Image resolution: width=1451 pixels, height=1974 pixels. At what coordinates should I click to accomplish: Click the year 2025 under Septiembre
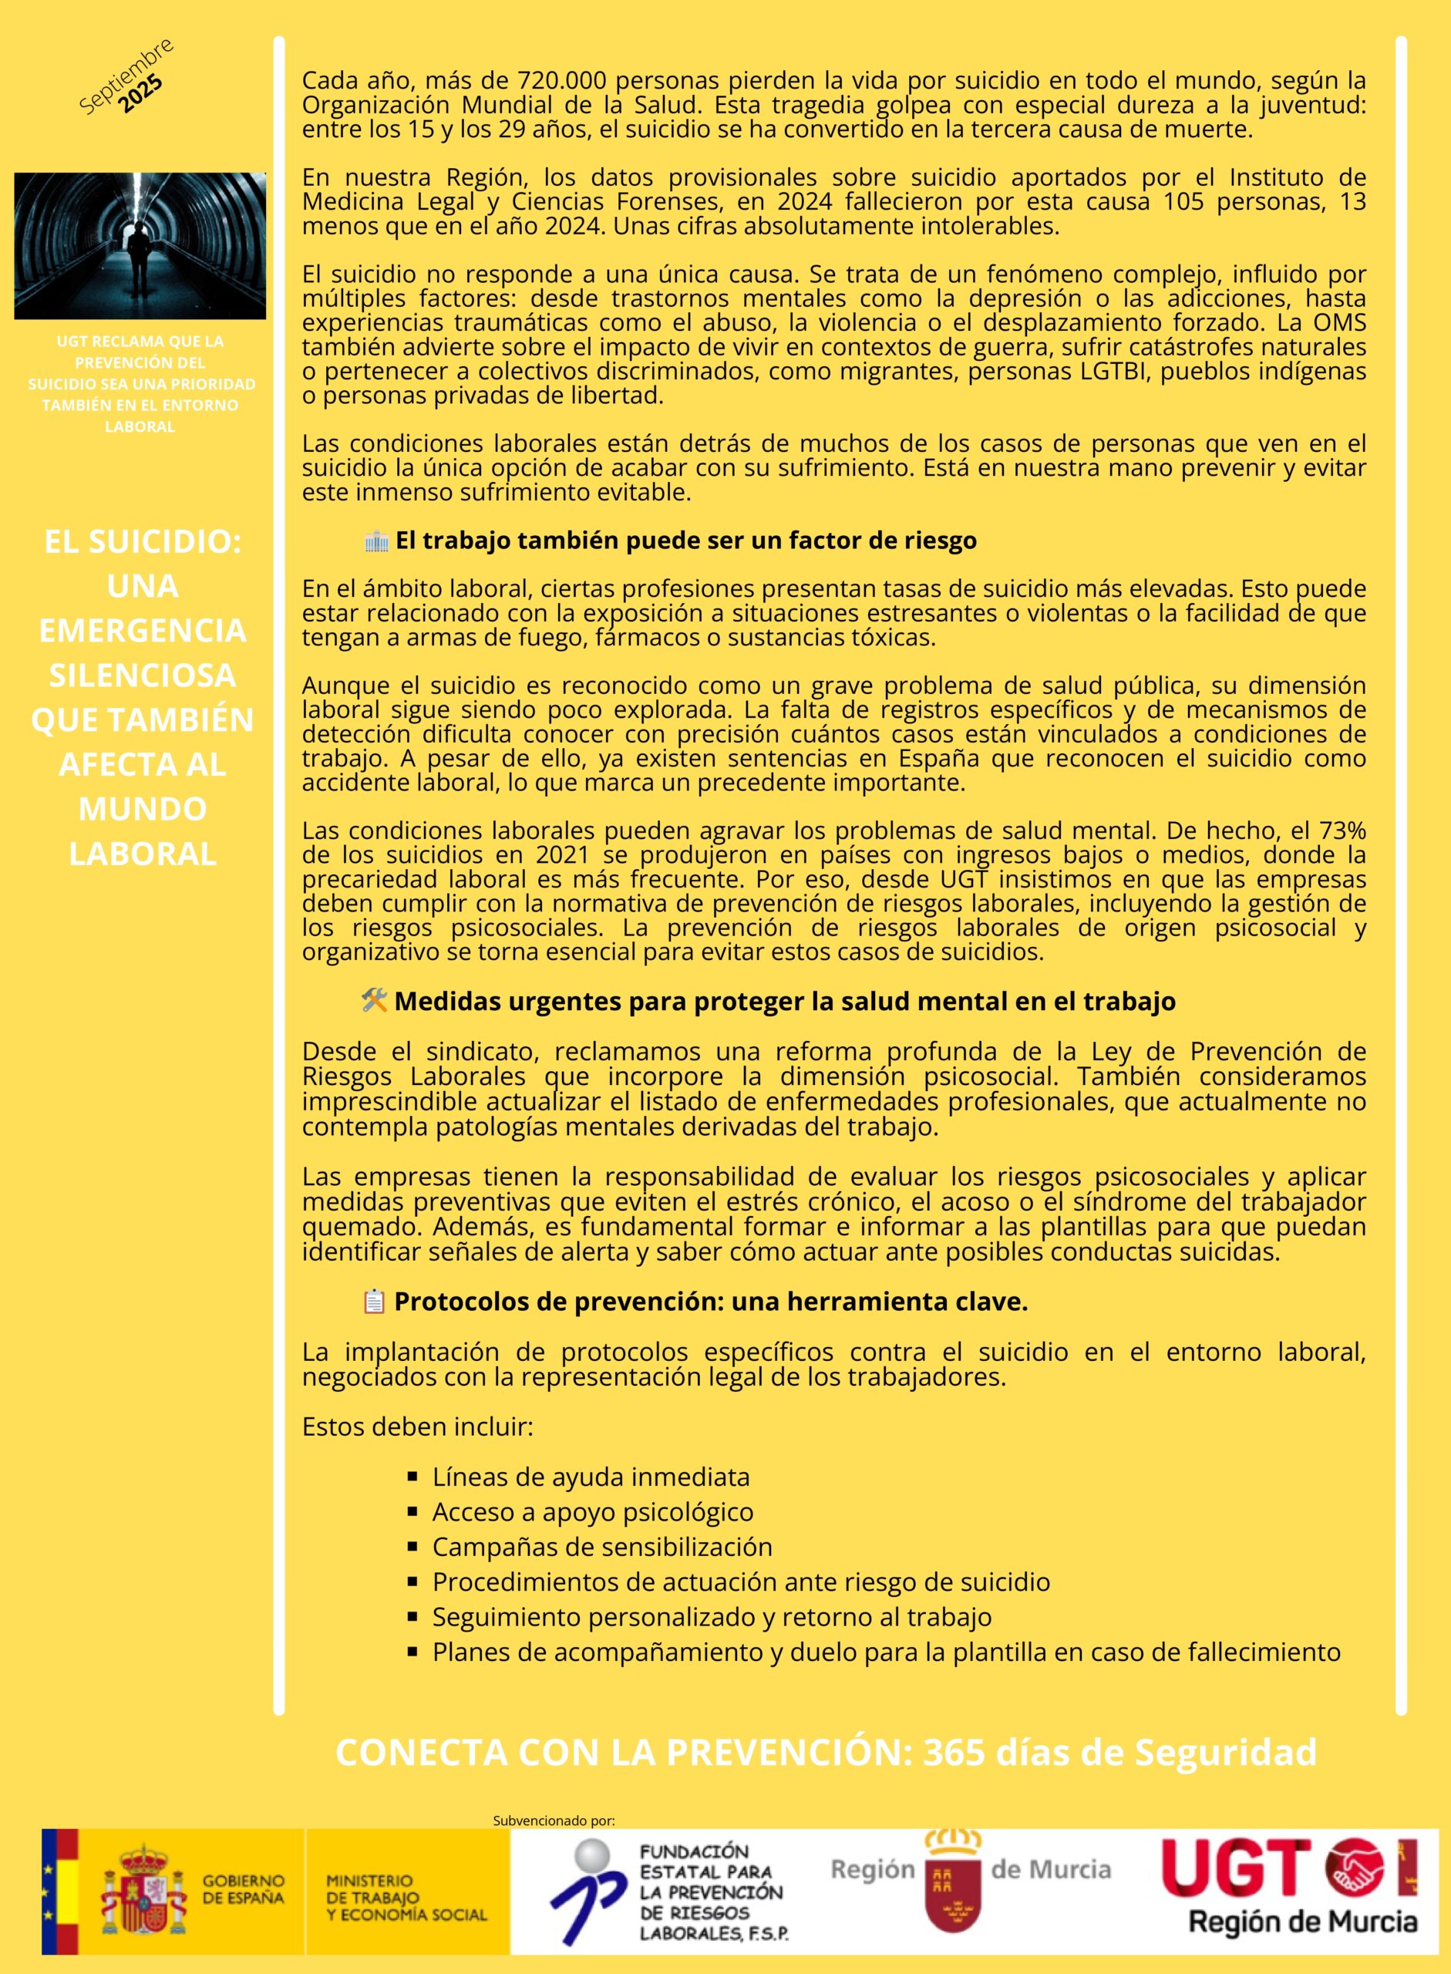[x=140, y=94]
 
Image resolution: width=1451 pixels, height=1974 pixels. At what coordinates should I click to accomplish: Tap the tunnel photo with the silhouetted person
[x=140, y=246]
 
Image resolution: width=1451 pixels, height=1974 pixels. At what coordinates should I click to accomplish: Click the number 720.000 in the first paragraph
[x=561, y=81]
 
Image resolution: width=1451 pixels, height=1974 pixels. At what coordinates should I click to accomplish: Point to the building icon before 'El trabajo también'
[x=376, y=541]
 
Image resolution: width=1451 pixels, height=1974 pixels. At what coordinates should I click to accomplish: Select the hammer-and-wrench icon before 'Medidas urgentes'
[x=374, y=1000]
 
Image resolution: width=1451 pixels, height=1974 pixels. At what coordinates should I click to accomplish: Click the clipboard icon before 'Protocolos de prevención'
[x=374, y=1301]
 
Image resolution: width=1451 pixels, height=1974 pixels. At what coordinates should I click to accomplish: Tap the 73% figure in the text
[x=1343, y=830]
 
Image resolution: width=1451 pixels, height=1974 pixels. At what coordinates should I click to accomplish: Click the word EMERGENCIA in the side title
[x=143, y=630]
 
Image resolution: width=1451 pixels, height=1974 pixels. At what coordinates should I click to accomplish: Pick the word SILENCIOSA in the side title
[x=143, y=675]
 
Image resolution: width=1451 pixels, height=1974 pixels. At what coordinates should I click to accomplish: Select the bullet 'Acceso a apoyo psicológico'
[x=592, y=1511]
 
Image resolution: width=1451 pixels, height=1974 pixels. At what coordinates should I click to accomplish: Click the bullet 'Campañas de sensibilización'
[x=601, y=1546]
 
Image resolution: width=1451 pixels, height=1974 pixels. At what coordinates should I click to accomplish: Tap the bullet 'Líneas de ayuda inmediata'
[x=591, y=1477]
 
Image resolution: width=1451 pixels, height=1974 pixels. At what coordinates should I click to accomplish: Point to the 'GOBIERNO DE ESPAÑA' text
[x=244, y=1888]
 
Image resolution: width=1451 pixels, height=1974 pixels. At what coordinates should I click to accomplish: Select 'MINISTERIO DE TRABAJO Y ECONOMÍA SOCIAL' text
[x=406, y=1898]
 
